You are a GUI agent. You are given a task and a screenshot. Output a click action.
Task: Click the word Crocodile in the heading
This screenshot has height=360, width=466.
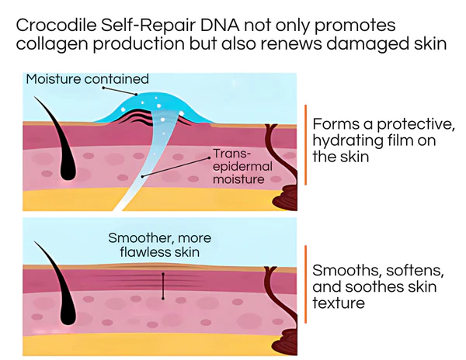point(54,26)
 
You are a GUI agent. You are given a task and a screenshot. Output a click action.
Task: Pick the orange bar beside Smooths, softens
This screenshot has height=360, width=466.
point(306,287)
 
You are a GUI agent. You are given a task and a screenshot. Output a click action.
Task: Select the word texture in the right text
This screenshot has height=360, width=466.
point(338,303)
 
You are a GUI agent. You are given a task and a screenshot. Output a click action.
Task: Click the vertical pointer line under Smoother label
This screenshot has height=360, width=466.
point(163,286)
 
